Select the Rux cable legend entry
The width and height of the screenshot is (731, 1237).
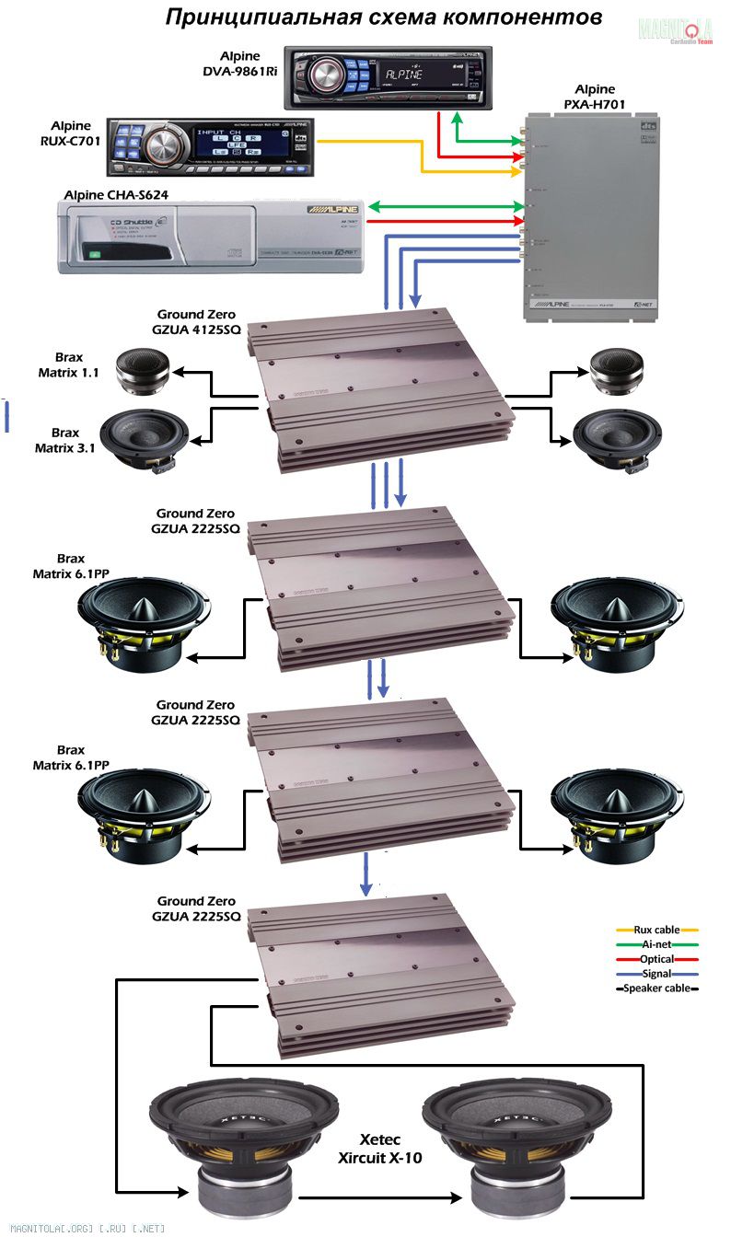(x=656, y=931)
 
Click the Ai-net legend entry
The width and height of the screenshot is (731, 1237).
(x=656, y=944)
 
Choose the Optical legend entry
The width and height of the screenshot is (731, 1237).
(x=656, y=959)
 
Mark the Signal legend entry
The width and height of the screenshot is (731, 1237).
(x=656, y=973)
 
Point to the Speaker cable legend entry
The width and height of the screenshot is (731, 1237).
(x=656, y=988)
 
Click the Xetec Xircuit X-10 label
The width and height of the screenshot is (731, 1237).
(x=379, y=1149)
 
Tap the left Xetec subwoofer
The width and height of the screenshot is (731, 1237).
(x=244, y=1141)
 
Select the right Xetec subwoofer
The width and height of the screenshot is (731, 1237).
(x=516, y=1141)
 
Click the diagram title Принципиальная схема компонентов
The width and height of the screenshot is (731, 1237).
(x=384, y=17)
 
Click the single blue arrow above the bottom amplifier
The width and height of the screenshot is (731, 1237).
(x=366, y=873)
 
